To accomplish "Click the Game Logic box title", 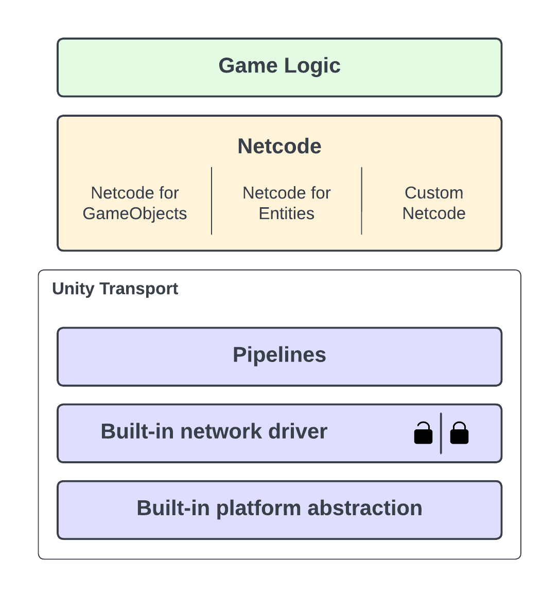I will pos(279,66).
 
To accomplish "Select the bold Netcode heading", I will pos(279,147).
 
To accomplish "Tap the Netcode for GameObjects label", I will pos(135,203).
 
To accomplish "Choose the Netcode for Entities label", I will pos(287,203).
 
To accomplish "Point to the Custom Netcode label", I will pos(434,203).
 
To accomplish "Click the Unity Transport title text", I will pos(115,288).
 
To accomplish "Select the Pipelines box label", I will pos(279,355).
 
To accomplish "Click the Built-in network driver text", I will pos(214,431).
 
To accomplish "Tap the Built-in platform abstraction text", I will pos(279,508).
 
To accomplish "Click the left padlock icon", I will pos(423,433).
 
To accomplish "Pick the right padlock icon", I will pos(459,433).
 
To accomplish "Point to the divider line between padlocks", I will pos(441,433).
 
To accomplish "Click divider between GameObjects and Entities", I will pos(212,201).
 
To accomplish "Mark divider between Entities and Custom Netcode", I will pos(362,201).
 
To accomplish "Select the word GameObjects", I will pos(135,213).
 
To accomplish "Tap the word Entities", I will pos(287,213).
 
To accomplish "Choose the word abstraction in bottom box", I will pos(365,508).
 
